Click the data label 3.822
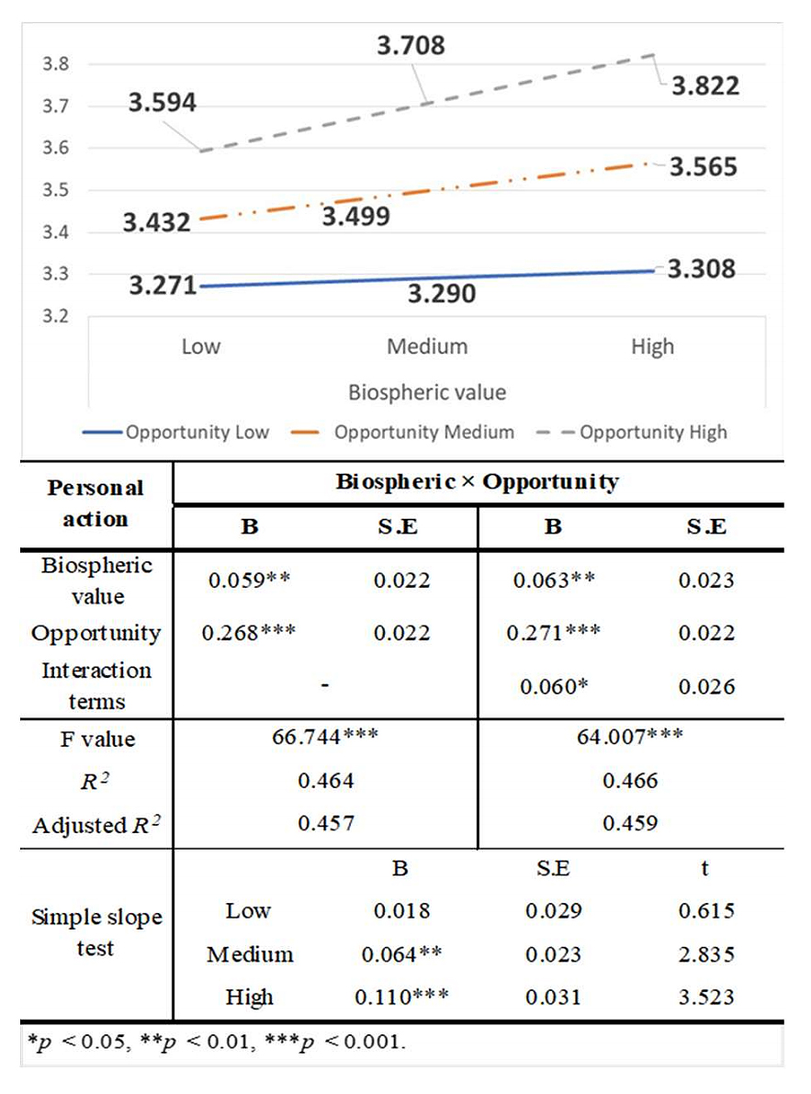click(x=704, y=85)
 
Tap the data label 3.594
click(x=162, y=103)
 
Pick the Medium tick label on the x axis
click(x=426, y=346)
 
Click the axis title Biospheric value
click(x=427, y=392)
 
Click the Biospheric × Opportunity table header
click(x=477, y=481)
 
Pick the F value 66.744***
click(x=326, y=739)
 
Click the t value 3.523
click(x=704, y=997)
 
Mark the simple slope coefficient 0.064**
click(x=401, y=954)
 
